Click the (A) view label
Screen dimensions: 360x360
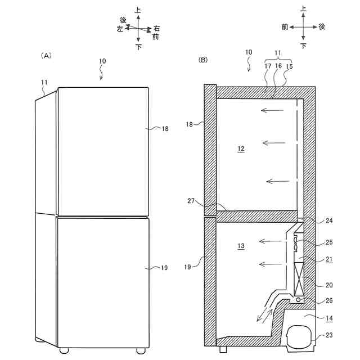coord(47,56)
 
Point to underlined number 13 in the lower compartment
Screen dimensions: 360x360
coord(241,246)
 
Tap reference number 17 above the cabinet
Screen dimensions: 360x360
coord(267,66)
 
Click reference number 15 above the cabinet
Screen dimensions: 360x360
coord(290,66)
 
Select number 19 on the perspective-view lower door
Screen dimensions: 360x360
coord(164,268)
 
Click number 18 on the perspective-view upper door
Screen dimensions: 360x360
coord(164,129)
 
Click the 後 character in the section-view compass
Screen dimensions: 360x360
coord(322,26)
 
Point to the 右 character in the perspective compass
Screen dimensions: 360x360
coord(156,28)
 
